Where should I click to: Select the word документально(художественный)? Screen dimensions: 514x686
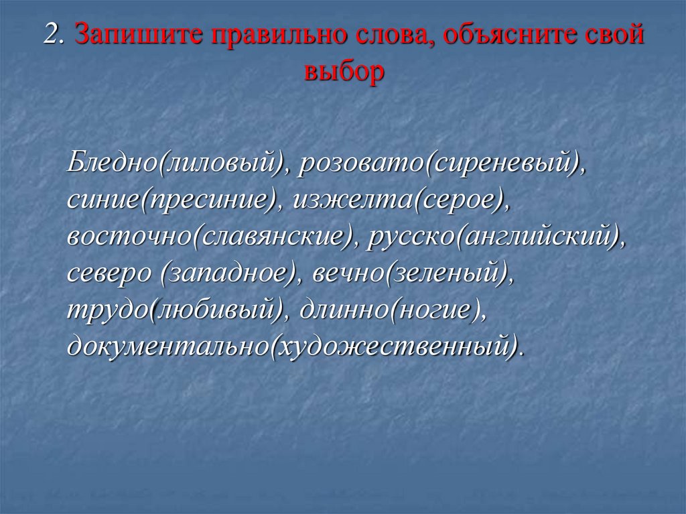(292, 346)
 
